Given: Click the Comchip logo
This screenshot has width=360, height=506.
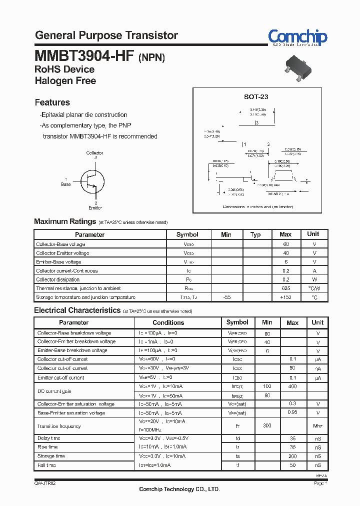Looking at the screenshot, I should pos(297,37).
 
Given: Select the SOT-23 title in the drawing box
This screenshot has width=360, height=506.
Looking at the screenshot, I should pos(256,97).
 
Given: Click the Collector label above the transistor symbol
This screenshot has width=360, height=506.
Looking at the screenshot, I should pos(94,153).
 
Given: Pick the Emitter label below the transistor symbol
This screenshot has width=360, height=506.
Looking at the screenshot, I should pos(95,207).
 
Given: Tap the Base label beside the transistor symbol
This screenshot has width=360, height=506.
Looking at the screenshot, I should pos(66,184).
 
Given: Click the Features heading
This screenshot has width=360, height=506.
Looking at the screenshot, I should pos(52,102).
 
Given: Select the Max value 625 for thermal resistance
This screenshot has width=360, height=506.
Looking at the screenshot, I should pos(286,288).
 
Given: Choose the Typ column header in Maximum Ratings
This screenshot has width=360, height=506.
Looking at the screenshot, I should pos(255,234).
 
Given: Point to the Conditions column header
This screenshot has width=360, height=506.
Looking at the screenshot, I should pos(168,323).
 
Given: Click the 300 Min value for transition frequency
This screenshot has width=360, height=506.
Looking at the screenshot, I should pos(267,426).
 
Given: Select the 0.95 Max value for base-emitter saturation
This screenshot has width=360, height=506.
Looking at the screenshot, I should pos(292,413).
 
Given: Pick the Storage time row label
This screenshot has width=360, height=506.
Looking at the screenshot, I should pos(51,456).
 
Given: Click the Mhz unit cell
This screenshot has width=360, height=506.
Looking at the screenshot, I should pos(318,426).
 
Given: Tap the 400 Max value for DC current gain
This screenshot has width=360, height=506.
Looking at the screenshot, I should pos(292,386).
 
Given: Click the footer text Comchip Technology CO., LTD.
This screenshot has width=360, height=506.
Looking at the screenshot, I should pos(179,489).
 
